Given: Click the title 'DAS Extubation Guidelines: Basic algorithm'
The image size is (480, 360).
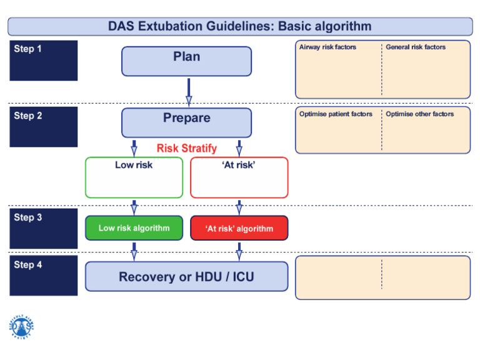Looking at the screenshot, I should click(240, 26).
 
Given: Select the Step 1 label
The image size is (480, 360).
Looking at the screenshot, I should click(28, 49).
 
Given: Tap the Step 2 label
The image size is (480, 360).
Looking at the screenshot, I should click(28, 116).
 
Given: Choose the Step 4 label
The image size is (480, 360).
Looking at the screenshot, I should click(28, 265).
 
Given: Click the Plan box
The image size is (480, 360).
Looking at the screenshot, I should click(186, 61).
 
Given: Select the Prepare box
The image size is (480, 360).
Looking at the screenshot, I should click(186, 122).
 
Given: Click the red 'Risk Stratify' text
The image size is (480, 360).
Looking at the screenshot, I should click(186, 149).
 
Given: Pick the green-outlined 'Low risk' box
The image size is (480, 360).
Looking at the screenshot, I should click(134, 177).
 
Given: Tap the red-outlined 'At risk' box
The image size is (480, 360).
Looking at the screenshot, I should click(239, 177).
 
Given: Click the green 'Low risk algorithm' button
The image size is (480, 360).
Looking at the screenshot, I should click(134, 228).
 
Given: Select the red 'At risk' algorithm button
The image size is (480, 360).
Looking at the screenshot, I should click(239, 228).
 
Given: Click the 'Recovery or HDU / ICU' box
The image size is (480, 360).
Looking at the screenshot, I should click(186, 276).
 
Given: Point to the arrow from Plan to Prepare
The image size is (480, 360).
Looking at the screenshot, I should click(188, 91).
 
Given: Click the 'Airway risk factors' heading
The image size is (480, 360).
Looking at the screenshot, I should click(327, 47).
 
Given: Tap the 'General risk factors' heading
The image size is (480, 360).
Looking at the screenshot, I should click(416, 47).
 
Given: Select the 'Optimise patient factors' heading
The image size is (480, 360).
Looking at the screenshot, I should click(336, 114).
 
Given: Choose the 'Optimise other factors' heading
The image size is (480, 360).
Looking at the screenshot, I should click(419, 114).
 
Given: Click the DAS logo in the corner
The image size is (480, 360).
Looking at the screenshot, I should click(22, 326).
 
